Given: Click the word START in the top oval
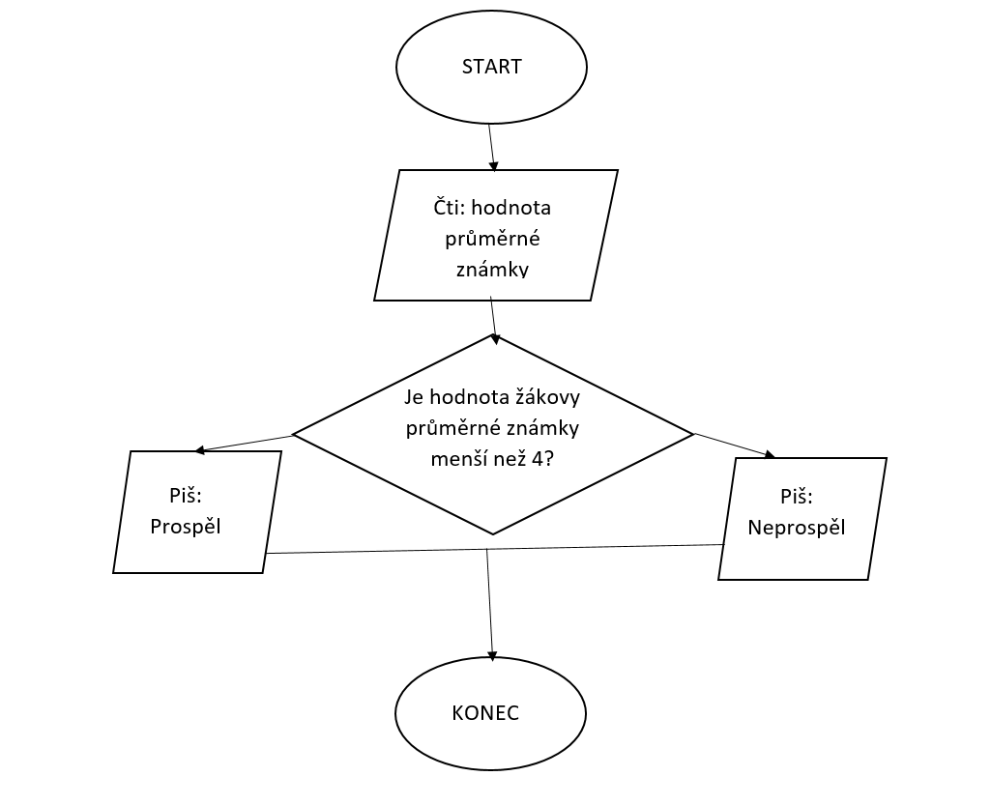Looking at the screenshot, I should click(x=491, y=67).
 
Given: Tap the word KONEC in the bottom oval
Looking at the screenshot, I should click(x=485, y=714).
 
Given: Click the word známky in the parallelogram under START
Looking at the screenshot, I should click(x=492, y=270).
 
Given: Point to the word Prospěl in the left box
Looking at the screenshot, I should click(x=192, y=528).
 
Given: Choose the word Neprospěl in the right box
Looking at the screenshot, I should click(x=797, y=528).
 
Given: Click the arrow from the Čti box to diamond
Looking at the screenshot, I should click(x=494, y=318).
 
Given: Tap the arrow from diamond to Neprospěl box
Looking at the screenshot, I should click(x=735, y=446).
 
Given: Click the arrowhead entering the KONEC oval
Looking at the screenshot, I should click(x=492, y=654).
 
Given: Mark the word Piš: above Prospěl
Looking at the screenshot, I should click(x=186, y=496).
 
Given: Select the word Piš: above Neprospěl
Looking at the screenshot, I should click(x=796, y=497).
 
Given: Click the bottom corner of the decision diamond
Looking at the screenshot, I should click(x=493, y=533).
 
